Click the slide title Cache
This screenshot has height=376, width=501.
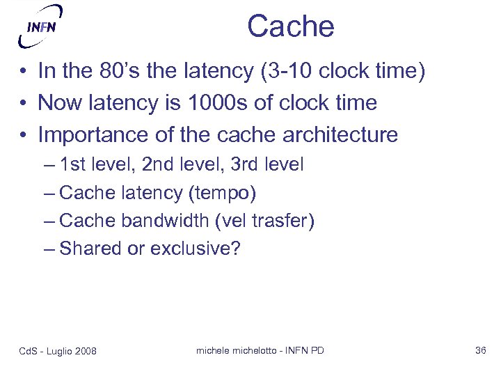coord(290,27)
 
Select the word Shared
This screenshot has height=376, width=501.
coord(90,249)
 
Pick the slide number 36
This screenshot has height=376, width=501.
coord(480,350)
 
